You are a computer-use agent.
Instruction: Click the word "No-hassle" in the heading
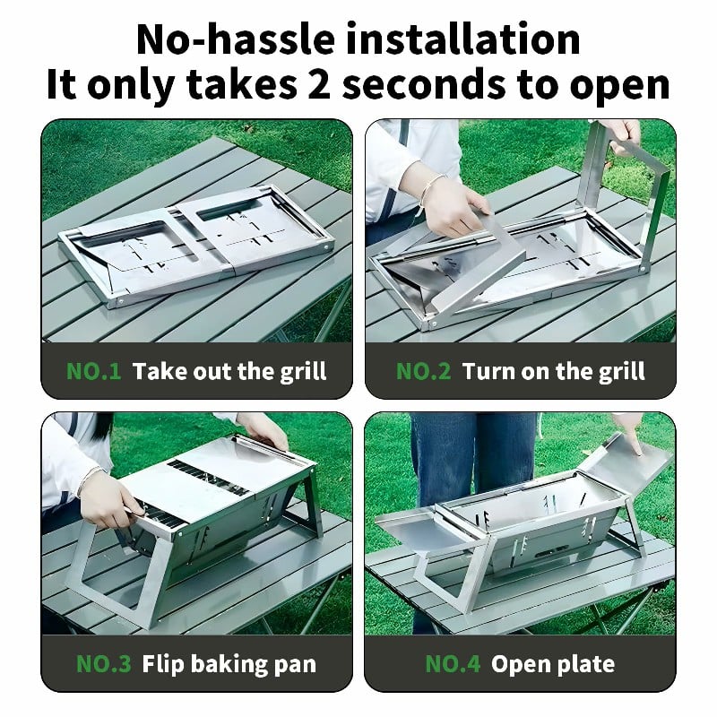235,39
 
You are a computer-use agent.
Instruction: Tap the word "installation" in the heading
462,39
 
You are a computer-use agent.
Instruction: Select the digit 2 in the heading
319,84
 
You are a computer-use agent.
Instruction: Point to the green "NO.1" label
94,371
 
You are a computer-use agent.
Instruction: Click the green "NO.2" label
423,371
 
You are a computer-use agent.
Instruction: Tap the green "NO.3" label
103,664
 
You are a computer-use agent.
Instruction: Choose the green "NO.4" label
453,664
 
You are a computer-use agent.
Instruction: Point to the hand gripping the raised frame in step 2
623,135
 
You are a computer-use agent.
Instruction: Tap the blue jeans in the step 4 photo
473,457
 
